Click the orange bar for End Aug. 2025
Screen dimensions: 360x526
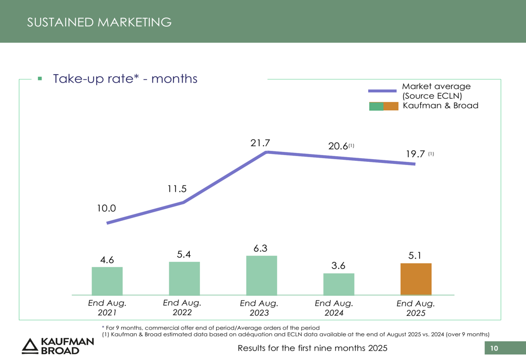click(x=416, y=279)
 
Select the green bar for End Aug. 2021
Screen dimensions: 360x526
click(x=107, y=281)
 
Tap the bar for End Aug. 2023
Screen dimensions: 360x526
click(x=261, y=275)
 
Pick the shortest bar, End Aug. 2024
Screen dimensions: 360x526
click(x=339, y=284)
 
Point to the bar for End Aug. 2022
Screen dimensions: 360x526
click(x=184, y=279)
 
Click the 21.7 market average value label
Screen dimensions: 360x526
click(x=260, y=142)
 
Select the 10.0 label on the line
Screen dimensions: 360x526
click(x=106, y=208)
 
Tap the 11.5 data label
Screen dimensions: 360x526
click(x=177, y=189)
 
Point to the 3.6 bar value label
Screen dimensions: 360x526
click(x=338, y=266)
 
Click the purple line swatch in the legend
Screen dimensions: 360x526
click(x=382, y=91)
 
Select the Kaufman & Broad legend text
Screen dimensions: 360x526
click(x=440, y=106)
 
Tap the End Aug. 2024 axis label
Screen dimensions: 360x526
click(x=334, y=308)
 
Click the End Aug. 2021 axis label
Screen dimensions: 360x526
click(x=107, y=308)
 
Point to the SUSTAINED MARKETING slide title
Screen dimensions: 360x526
click(x=99, y=22)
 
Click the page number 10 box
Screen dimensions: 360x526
click(x=494, y=348)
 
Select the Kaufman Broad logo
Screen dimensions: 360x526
click(x=58, y=345)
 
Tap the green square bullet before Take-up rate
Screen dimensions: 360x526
click(x=39, y=79)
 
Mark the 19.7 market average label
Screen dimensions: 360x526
click(x=416, y=154)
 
